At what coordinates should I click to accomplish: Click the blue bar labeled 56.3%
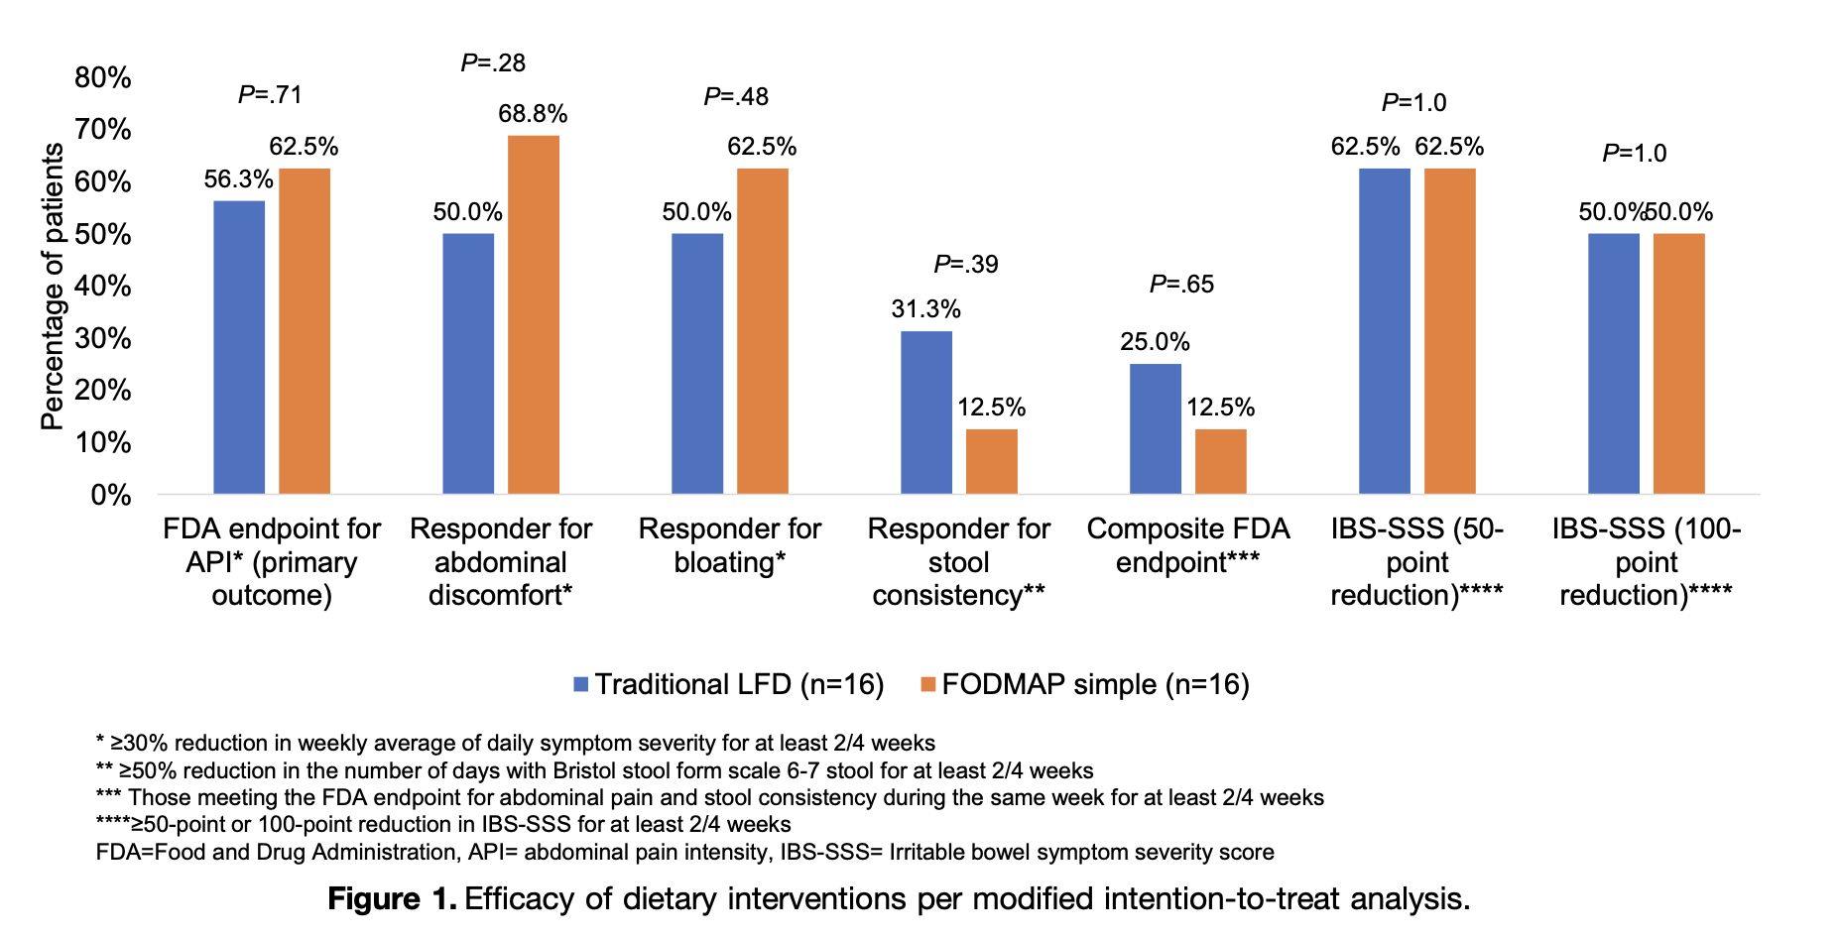pyautogui.click(x=239, y=347)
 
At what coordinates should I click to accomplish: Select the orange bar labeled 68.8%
pyautogui.click(x=534, y=314)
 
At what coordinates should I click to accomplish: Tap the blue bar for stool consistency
pyautogui.click(x=925, y=412)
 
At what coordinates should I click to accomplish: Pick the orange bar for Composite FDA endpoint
pyautogui.click(x=1220, y=461)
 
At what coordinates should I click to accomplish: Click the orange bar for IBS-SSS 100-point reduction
pyautogui.click(x=1678, y=364)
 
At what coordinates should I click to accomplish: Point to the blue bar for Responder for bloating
pyautogui.click(x=697, y=364)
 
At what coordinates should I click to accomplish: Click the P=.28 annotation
pyautogui.click(x=493, y=63)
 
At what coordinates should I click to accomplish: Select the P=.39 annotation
pyautogui.click(x=965, y=265)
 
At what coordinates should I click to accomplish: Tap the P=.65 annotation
pyautogui.click(x=1181, y=285)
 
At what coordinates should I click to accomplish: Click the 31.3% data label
pyautogui.click(x=925, y=309)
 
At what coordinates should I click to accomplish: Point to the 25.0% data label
pyautogui.click(x=1155, y=342)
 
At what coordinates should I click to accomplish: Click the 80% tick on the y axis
pyautogui.click(x=103, y=77)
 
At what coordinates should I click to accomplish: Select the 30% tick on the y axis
pyautogui.click(x=103, y=338)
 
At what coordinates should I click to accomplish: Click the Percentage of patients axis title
pyautogui.click(x=52, y=287)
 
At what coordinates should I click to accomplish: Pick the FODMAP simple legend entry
pyautogui.click(x=1085, y=684)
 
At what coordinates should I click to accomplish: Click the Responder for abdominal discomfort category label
pyautogui.click(x=501, y=562)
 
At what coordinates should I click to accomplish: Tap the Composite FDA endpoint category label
pyautogui.click(x=1187, y=545)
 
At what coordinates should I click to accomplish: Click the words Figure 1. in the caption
pyautogui.click(x=392, y=899)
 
